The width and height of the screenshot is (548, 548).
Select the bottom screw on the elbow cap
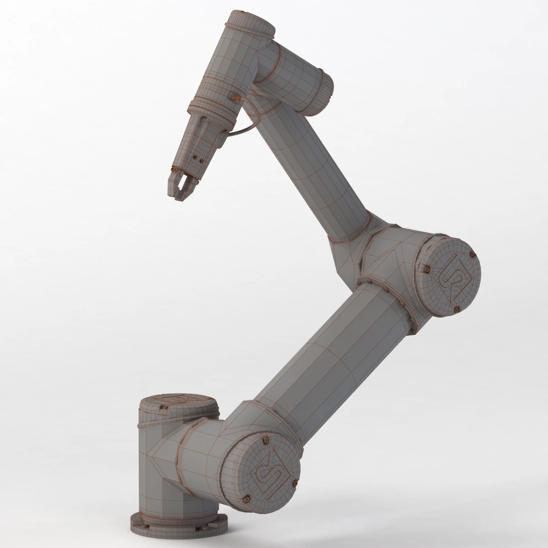coord(456,309)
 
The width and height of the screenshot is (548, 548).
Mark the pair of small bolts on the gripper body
coord(197,158)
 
